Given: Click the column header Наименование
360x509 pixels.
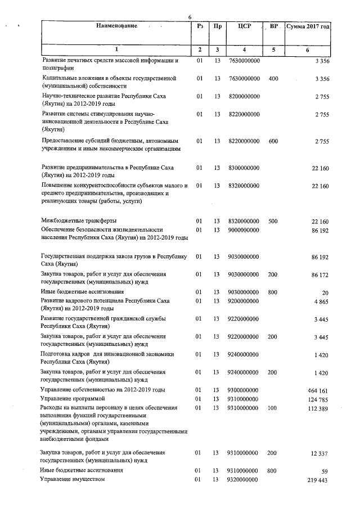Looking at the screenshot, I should (116, 26).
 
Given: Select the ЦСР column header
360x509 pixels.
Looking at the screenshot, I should (244, 26).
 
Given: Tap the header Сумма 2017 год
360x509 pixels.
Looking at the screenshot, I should (307, 26).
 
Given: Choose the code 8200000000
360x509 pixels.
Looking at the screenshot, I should (244, 97).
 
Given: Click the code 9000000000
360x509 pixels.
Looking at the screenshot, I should (244, 230).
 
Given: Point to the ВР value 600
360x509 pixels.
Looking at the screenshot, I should (273, 141).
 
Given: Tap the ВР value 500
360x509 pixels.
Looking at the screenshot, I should (273, 221).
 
